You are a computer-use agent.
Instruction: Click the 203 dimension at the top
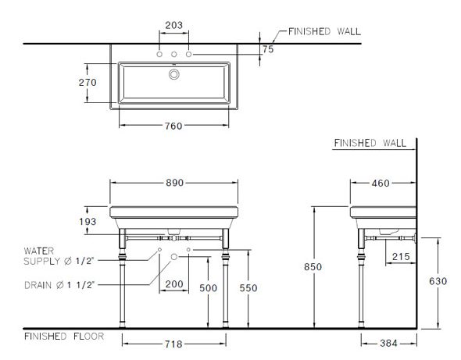[x=173, y=25]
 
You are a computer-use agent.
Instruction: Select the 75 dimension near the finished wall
[x=268, y=48]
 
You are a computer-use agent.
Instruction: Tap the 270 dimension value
[x=87, y=82]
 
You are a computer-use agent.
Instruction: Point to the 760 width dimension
[x=173, y=128]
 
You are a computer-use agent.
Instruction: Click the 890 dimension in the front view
[x=173, y=182]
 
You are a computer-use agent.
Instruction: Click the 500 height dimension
[x=208, y=287]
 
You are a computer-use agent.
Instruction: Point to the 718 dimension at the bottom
[x=173, y=344]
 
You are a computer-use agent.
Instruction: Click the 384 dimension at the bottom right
[x=388, y=344]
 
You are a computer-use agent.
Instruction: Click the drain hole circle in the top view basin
[x=174, y=74]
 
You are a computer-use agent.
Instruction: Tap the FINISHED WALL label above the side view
[x=370, y=144]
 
